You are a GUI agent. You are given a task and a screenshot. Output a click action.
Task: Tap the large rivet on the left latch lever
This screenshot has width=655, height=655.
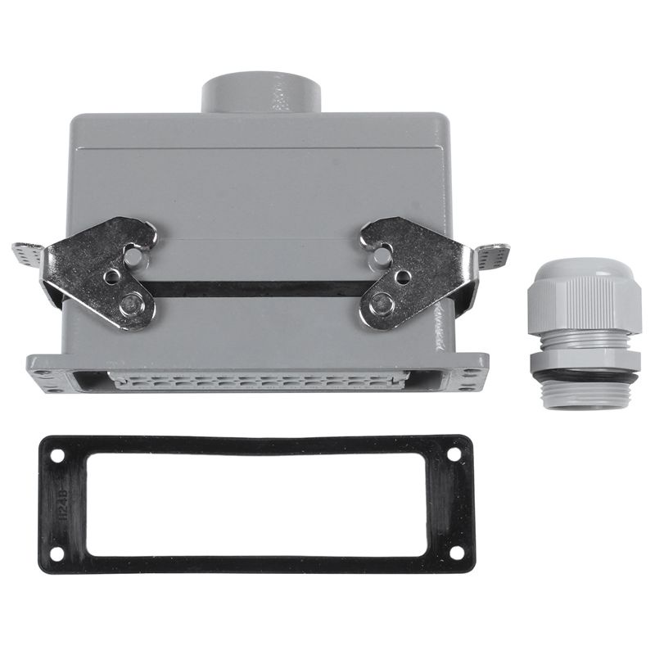tap(129, 305)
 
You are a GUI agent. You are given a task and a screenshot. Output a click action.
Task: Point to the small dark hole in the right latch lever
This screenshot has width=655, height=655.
tap(401, 277)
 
